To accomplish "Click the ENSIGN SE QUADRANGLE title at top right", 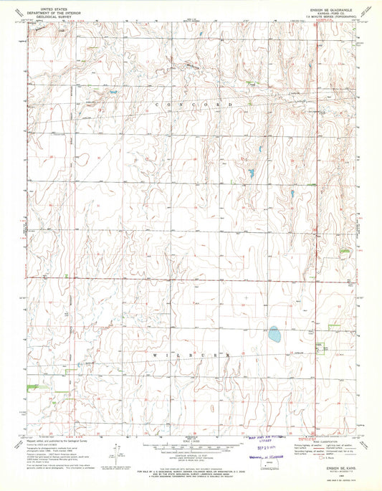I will (x=329, y=4).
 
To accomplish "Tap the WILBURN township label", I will (x=191, y=355).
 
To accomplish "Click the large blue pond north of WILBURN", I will (x=274, y=333).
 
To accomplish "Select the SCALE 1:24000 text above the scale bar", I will (x=191, y=439).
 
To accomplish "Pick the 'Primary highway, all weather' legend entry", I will (x=305, y=444).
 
